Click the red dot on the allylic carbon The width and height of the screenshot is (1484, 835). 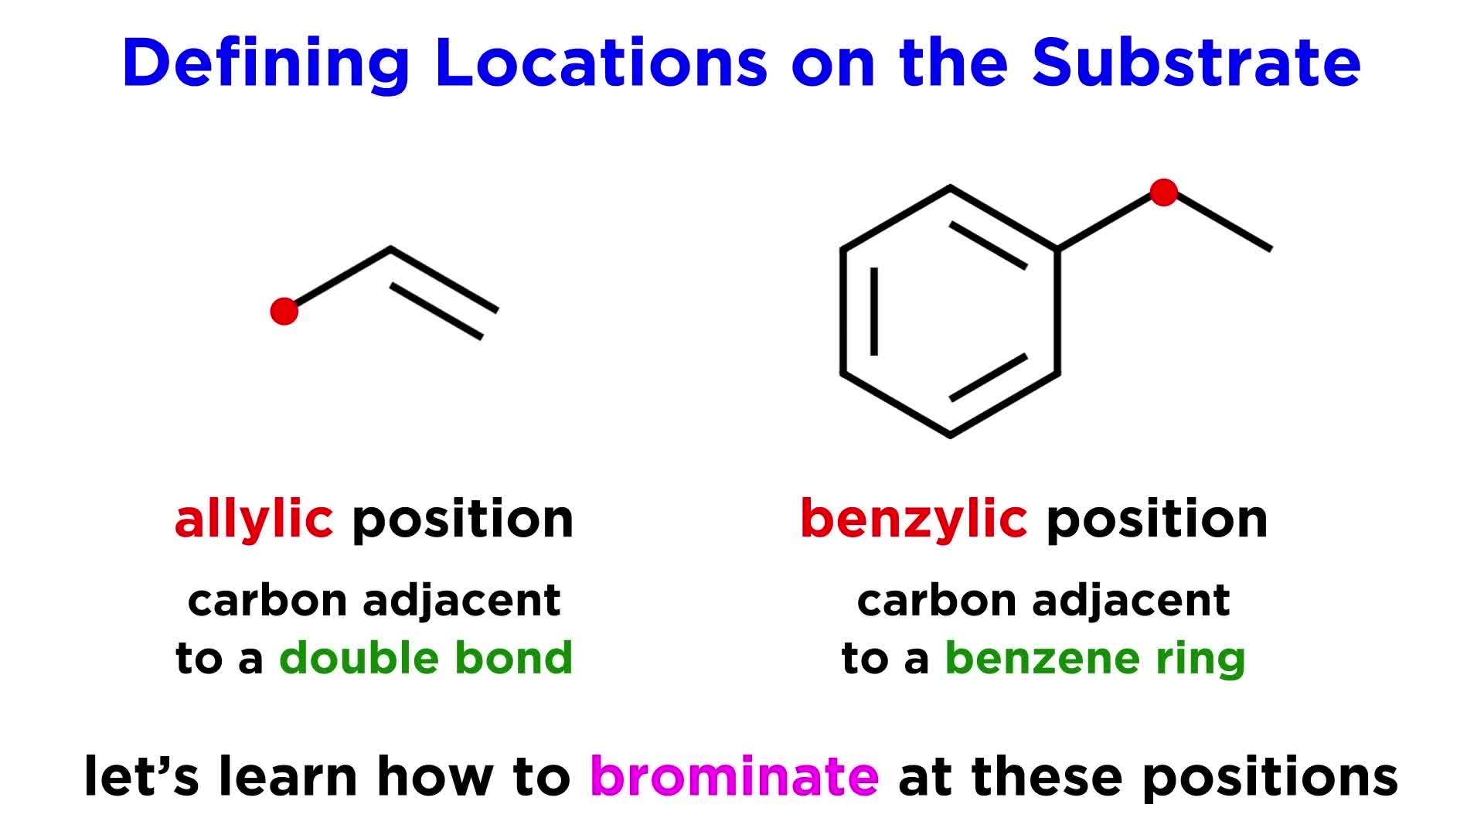click(284, 311)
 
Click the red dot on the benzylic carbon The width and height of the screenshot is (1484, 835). click(1164, 193)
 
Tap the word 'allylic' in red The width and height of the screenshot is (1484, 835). click(254, 520)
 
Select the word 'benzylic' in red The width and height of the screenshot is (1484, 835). click(913, 520)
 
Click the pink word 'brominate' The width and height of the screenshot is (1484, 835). click(734, 775)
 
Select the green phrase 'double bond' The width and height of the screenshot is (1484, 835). click(426, 658)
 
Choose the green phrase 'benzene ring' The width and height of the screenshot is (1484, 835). click(1095, 658)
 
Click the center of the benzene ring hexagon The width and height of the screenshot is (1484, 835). click(949, 312)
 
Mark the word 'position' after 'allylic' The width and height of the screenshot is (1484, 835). click(463, 520)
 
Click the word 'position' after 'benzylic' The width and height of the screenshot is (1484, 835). click(1156, 520)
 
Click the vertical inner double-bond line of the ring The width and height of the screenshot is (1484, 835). click(874, 312)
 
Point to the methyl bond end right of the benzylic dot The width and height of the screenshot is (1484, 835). click(1270, 249)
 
